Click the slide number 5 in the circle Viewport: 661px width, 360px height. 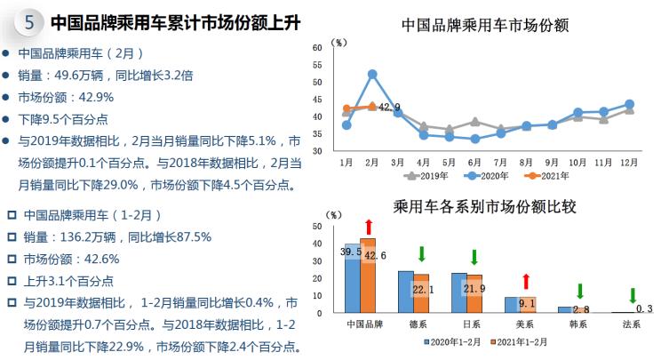click(29, 21)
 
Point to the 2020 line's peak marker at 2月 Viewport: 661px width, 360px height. click(371, 75)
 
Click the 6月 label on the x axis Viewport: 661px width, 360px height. click(474, 163)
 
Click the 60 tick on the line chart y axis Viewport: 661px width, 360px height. click(318, 47)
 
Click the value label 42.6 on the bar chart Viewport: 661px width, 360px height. click(375, 256)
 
